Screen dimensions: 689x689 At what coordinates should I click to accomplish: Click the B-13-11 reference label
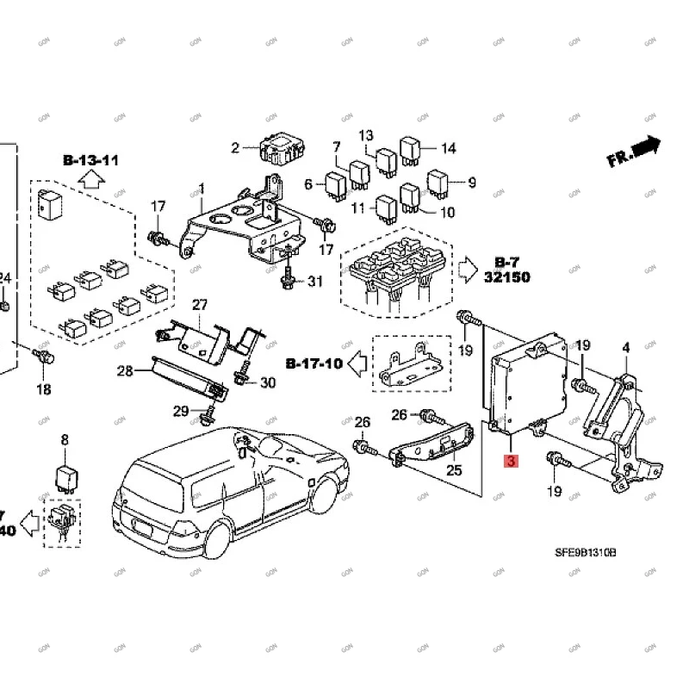click(90, 160)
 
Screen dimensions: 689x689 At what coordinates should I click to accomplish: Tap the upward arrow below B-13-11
click(90, 180)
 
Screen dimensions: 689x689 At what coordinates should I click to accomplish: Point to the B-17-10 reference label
click(313, 364)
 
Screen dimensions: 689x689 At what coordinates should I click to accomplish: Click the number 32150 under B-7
click(506, 278)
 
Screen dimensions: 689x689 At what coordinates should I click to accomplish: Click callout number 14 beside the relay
click(448, 148)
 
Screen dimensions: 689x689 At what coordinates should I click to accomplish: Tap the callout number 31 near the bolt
click(315, 281)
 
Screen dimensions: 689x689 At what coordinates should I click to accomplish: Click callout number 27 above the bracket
click(200, 304)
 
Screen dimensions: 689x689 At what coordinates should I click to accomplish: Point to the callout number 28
click(126, 371)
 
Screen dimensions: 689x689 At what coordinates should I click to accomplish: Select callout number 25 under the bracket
click(454, 469)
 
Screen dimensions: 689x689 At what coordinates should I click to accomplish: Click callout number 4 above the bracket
click(626, 348)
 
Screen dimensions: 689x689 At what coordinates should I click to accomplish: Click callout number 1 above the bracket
click(202, 188)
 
